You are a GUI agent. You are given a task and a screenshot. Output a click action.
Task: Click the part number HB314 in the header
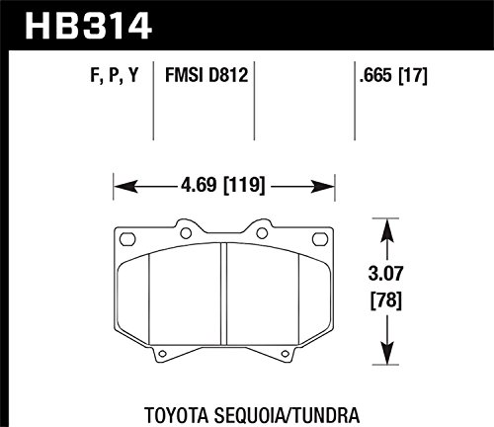click(x=88, y=25)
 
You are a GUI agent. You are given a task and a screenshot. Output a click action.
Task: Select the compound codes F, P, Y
click(x=114, y=75)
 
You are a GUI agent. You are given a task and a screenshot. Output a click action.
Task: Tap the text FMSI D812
click(x=206, y=75)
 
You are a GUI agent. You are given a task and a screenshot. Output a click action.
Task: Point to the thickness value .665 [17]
click(x=393, y=75)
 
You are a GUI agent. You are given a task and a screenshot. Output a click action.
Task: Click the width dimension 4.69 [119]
click(x=223, y=185)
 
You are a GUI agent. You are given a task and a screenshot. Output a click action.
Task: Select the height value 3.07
click(x=385, y=274)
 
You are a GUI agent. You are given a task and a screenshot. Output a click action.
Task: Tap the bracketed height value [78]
click(x=386, y=299)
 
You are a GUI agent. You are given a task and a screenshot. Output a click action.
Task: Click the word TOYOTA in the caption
click(x=176, y=415)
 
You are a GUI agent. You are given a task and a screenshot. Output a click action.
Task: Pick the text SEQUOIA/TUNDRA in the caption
click(x=287, y=415)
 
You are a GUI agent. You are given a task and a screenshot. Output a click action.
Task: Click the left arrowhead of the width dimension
click(x=125, y=187)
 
